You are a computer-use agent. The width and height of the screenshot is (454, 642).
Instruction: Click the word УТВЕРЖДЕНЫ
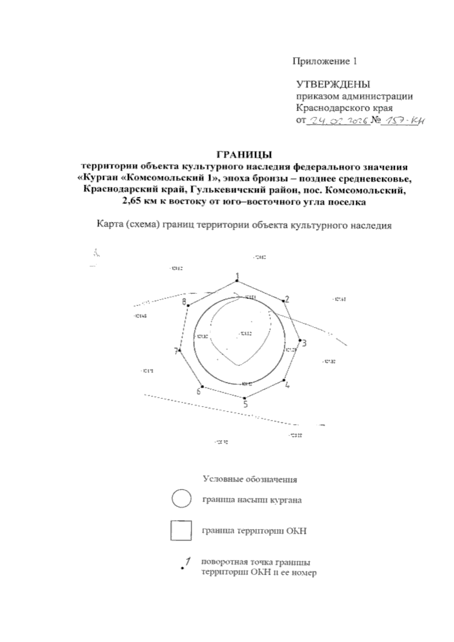tap(333, 84)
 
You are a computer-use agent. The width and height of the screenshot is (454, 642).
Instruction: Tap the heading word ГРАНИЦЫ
tap(244, 154)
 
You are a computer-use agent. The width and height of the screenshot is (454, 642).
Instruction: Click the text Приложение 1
tap(325, 61)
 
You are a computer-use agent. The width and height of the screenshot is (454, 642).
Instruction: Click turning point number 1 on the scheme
tap(238, 276)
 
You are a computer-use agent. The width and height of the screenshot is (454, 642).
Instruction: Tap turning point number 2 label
tap(287, 299)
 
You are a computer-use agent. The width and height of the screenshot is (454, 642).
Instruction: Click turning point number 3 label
tap(304, 343)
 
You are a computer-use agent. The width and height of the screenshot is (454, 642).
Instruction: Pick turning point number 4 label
tap(287, 385)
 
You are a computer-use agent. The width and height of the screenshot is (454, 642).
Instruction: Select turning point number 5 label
tap(246, 405)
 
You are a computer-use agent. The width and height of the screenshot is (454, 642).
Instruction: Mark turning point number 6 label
tap(198, 391)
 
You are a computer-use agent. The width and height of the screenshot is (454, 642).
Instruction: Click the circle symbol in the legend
tap(181, 499)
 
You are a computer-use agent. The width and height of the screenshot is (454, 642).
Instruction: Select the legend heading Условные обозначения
tap(250, 479)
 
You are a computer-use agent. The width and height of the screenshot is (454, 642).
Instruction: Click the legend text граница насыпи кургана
tap(252, 500)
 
